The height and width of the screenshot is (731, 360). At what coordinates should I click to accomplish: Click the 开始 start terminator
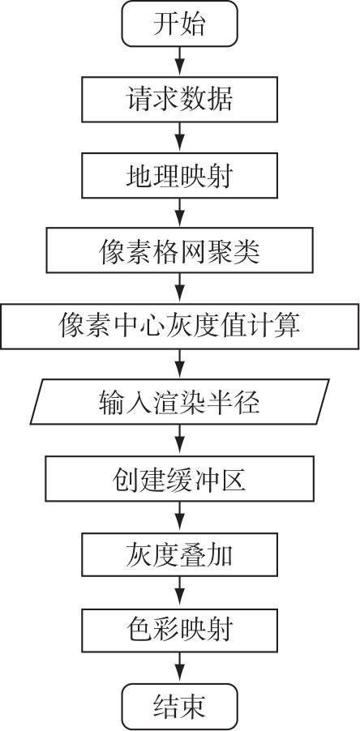[x=179, y=24]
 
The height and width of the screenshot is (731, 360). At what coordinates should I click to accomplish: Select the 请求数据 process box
[x=179, y=100]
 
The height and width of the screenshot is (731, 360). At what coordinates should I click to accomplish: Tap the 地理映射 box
[x=179, y=175]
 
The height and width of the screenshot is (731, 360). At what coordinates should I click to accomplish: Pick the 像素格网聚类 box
[x=179, y=250]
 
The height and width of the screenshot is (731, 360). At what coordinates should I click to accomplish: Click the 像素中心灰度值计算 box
[x=179, y=327]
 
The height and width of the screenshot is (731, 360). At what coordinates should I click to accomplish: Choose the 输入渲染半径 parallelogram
[x=179, y=402]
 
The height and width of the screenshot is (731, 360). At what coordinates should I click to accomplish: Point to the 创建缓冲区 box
[x=179, y=478]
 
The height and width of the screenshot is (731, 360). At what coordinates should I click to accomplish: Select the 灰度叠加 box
[x=179, y=554]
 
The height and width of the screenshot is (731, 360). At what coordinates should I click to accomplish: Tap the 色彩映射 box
[x=179, y=630]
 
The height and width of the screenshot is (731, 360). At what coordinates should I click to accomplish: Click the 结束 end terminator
[x=179, y=707]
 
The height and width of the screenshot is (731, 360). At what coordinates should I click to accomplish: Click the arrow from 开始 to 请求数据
[x=179, y=62]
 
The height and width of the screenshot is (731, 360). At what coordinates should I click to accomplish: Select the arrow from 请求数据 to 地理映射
[x=179, y=137]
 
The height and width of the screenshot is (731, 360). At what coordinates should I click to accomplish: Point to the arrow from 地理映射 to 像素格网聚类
[x=179, y=212]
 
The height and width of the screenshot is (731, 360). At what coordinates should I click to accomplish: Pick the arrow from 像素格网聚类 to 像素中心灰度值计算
[x=179, y=289]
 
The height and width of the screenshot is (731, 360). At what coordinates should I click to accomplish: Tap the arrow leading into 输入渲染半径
[x=179, y=364]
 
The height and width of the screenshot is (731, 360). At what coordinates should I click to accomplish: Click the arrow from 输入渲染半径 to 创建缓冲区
[x=179, y=439]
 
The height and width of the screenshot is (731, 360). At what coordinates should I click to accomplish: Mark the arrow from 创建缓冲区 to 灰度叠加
[x=179, y=516]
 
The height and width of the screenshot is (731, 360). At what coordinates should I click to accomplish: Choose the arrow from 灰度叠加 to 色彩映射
[x=179, y=592]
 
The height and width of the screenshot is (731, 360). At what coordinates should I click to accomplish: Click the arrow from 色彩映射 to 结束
[x=179, y=668]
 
